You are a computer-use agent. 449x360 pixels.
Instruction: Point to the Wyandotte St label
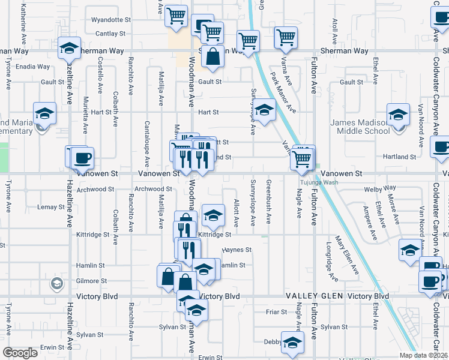111,20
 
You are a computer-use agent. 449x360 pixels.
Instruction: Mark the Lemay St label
51,207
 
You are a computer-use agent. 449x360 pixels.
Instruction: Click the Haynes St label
237,250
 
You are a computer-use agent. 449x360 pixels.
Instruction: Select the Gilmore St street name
91,281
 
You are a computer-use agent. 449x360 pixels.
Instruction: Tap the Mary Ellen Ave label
348,255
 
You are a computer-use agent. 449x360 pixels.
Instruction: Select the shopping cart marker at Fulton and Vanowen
301,159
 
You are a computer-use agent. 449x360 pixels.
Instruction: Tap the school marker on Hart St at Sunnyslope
263,110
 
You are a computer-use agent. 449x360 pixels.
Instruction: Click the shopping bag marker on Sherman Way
212,57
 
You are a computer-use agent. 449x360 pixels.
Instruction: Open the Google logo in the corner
20,353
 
